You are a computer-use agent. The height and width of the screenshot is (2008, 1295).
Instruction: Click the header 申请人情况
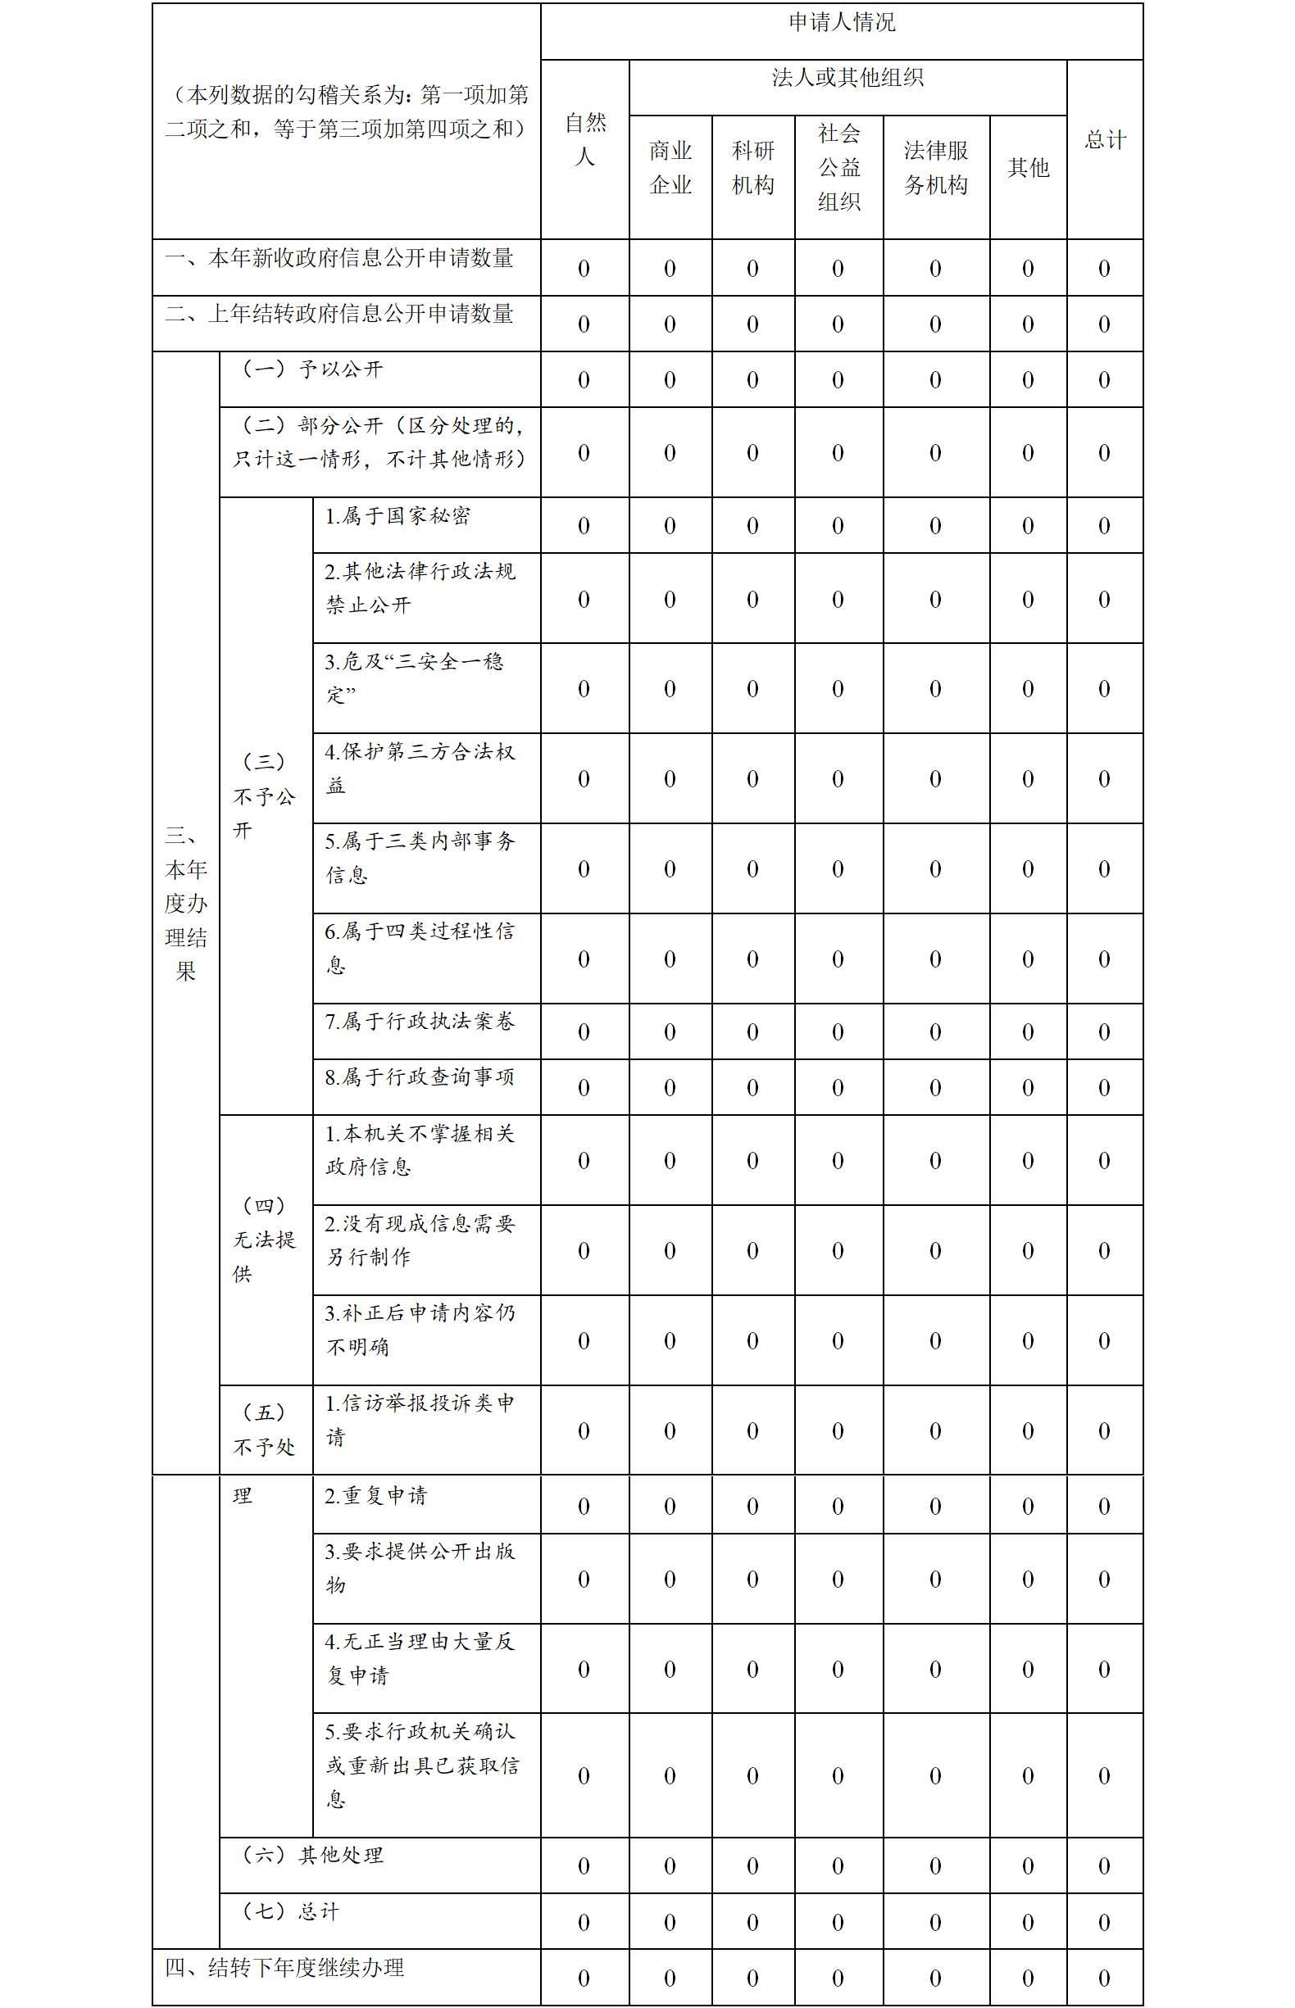pyautogui.click(x=842, y=23)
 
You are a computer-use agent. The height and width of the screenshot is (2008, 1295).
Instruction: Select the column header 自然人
pyautogui.click(x=585, y=139)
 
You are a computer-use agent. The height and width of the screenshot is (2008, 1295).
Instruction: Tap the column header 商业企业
pyautogui.click(x=670, y=168)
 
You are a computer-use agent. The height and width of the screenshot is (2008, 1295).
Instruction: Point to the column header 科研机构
pyautogui.click(x=752, y=168)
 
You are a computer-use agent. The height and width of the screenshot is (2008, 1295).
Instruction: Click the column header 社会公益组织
pyautogui.click(x=838, y=168)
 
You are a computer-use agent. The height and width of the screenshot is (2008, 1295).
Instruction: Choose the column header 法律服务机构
pyautogui.click(x=935, y=168)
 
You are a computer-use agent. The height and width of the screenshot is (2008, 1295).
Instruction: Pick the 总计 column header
pyautogui.click(x=1104, y=139)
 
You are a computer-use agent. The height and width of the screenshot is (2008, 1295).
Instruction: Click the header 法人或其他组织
pyautogui.click(x=847, y=78)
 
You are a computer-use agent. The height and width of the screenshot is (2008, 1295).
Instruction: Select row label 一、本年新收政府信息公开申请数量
pyautogui.click(x=339, y=259)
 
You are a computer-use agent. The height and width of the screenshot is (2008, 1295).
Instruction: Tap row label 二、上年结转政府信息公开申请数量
pyautogui.click(x=339, y=315)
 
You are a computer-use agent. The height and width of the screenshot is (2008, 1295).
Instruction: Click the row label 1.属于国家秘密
pyautogui.click(x=398, y=516)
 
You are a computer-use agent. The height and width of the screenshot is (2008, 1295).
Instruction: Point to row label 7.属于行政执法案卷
pyautogui.click(x=420, y=1022)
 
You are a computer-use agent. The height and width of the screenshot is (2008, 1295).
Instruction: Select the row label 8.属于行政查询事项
pyautogui.click(x=420, y=1077)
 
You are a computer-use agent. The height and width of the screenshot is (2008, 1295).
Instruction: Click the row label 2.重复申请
pyautogui.click(x=376, y=1495)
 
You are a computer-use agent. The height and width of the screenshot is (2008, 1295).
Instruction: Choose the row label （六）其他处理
pyautogui.click(x=313, y=1855)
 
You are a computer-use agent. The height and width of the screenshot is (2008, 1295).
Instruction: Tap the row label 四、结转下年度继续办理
pyautogui.click(x=284, y=1968)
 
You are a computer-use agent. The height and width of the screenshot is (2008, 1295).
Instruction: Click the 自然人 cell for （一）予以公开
pyautogui.click(x=584, y=380)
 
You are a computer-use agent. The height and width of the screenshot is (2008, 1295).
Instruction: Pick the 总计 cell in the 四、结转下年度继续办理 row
pyautogui.click(x=1104, y=1978)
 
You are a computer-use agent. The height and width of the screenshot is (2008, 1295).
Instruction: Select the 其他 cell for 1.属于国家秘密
pyautogui.click(x=1028, y=526)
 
